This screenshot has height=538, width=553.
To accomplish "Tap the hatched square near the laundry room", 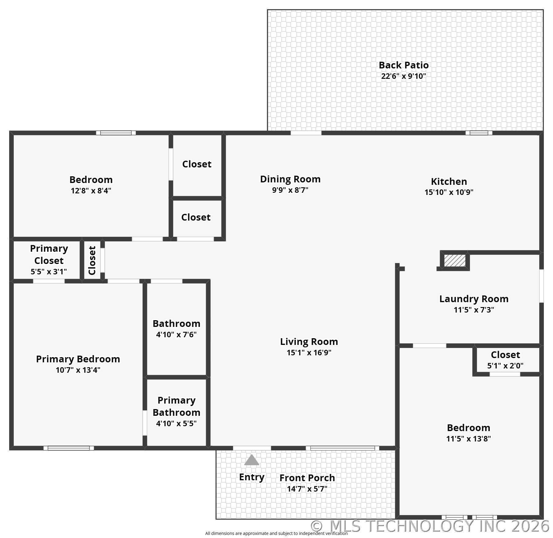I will [x=455, y=261].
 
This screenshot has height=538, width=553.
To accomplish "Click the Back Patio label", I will [x=403, y=65].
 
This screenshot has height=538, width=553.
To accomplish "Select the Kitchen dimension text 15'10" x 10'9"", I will [x=449, y=192].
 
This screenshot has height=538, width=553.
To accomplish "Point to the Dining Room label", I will [x=290, y=179].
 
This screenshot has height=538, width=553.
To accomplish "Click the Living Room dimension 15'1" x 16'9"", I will [x=309, y=353].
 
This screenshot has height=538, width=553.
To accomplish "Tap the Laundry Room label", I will [x=474, y=299].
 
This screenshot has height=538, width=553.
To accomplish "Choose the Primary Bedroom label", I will [x=78, y=359].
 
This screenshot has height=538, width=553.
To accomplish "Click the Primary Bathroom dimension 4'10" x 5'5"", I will [x=176, y=423].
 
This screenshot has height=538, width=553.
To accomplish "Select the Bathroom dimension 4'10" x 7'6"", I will [x=176, y=335].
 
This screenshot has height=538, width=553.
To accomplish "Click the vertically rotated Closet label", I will [x=92, y=260].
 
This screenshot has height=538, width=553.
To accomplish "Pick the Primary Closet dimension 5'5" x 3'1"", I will [x=49, y=272].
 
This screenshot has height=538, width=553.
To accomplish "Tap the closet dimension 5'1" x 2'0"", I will [x=505, y=366].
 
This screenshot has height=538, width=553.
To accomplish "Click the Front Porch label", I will [x=307, y=478].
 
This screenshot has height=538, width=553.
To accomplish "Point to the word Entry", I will [x=252, y=477].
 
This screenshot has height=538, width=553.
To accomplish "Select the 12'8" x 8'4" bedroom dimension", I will [x=91, y=191].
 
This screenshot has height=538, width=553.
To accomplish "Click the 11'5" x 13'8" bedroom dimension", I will [x=468, y=439].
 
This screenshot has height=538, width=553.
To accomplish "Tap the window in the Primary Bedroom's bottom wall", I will [x=69, y=448].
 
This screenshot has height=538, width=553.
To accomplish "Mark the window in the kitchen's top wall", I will [x=478, y=133].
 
